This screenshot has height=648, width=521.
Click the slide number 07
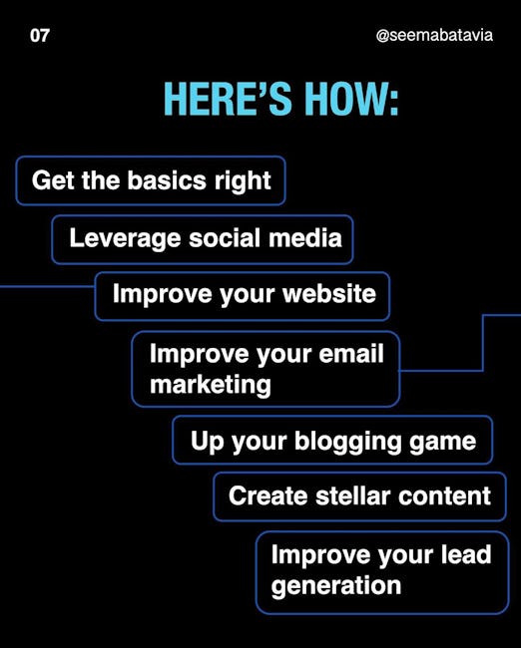coord(40,36)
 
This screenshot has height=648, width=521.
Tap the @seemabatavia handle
coord(434,36)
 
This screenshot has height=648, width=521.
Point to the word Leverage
coord(125,239)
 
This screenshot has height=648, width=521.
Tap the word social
coord(225,238)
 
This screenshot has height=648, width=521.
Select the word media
coord(305,238)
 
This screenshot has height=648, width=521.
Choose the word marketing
coord(211,386)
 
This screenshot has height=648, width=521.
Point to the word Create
coord(268,495)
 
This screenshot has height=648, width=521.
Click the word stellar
coord(353,495)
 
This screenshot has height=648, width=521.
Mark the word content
coord(444,495)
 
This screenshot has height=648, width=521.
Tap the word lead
coord(466,554)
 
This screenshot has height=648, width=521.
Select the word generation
coord(336,586)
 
